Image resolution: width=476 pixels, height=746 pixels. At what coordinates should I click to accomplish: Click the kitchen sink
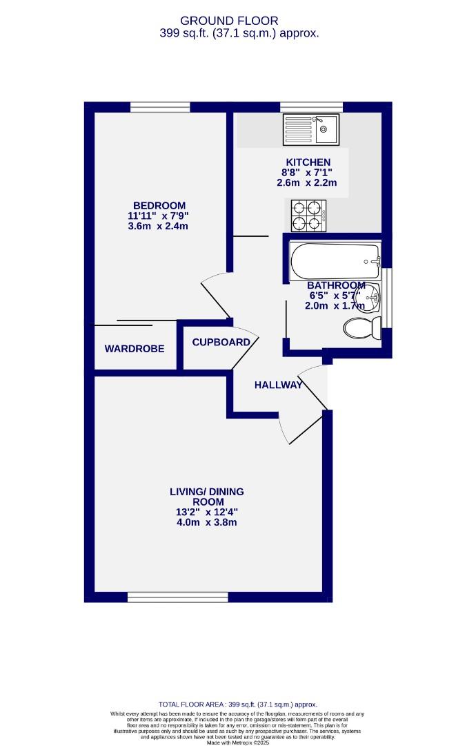[310, 128]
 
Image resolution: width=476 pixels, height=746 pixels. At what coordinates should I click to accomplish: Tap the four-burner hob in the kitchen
[308, 215]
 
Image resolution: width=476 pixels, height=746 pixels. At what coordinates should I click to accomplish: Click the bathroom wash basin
[368, 298]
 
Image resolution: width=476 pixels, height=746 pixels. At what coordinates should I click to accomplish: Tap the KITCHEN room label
[308, 162]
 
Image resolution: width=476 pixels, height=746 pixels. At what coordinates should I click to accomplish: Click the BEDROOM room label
[159, 205]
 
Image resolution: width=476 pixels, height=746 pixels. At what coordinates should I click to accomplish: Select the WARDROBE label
[135, 349]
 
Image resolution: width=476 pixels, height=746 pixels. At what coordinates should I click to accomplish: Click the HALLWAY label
[278, 385]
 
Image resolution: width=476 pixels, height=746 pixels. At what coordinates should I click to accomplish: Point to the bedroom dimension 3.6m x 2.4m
[159, 226]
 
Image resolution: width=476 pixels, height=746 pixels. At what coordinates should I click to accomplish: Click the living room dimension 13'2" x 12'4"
[207, 512]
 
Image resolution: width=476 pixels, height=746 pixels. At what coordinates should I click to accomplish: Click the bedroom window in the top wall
[160, 106]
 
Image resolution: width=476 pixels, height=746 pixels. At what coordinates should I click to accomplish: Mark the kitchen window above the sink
[312, 106]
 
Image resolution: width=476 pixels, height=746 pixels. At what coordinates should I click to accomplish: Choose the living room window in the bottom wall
[178, 596]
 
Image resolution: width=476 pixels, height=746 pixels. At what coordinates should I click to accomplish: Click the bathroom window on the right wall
[387, 297]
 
